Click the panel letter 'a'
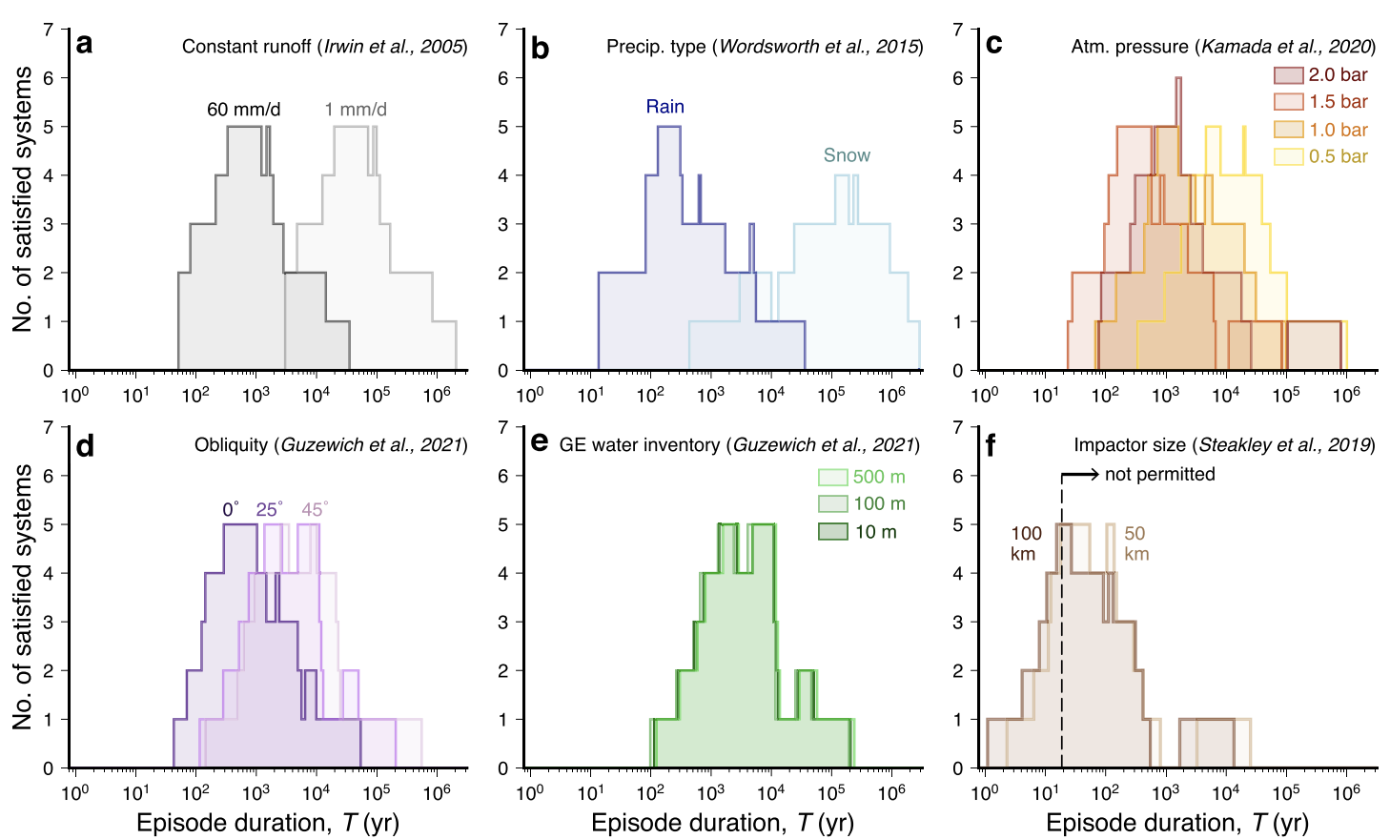(x=85, y=45)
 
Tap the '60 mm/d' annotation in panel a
(x=243, y=110)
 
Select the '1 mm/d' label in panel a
(x=356, y=110)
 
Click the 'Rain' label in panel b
(x=664, y=107)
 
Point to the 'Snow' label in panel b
(x=847, y=155)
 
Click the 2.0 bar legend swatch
(x=1288, y=75)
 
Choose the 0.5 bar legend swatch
(x=1288, y=156)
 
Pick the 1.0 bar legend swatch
(x=1288, y=130)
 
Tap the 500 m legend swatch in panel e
(x=832, y=477)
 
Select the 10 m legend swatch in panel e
(x=832, y=531)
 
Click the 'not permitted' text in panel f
(x=1159, y=475)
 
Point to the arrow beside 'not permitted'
(x=1080, y=474)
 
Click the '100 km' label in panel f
(x=1026, y=543)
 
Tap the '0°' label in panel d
(x=231, y=510)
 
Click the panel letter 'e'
(x=539, y=443)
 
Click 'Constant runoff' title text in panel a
(x=247, y=47)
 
